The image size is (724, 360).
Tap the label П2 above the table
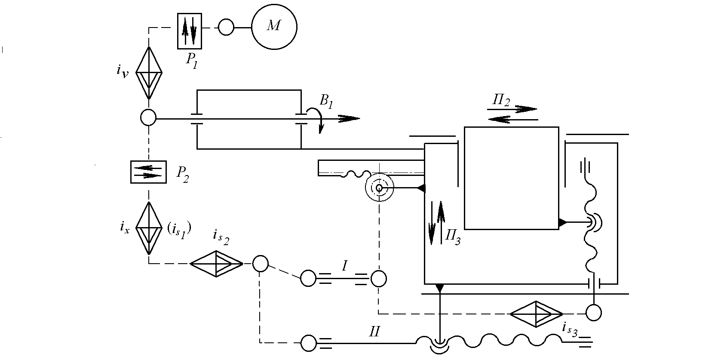coord(501,100)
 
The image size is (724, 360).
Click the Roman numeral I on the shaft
coord(344,266)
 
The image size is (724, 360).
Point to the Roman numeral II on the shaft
coord(374,332)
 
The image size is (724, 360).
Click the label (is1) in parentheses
coord(179,230)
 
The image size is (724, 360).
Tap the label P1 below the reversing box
coord(191,61)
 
